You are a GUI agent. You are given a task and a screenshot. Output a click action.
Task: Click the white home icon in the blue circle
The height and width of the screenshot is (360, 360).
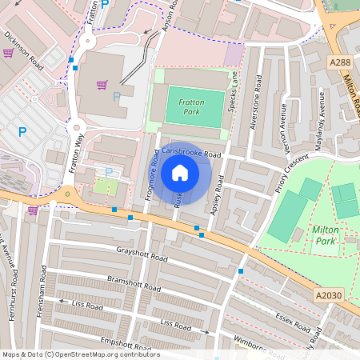(x=180, y=173)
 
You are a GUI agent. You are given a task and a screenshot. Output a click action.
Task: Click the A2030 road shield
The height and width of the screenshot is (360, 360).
(x=328, y=296)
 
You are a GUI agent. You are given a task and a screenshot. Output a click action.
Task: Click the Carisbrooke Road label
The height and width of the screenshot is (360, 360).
(x=190, y=152)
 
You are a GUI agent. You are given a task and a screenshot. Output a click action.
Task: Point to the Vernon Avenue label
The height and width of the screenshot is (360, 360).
(x=283, y=121)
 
